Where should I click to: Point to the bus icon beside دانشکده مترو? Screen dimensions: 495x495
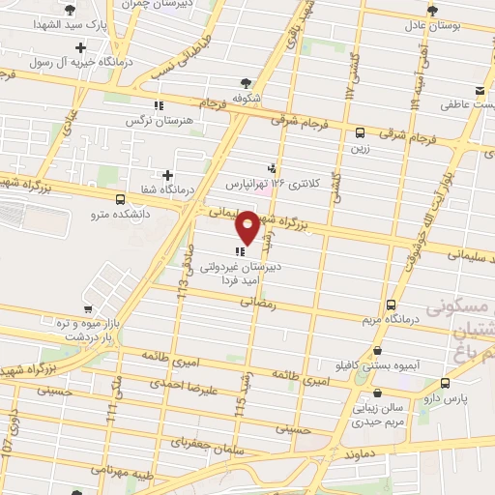[x=119, y=199]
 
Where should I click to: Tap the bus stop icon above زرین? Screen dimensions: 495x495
[x=360, y=133]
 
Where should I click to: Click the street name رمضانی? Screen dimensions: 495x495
[x=261, y=304]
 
